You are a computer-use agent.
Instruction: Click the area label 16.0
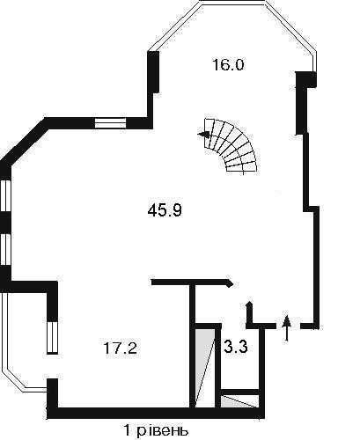pos(228,64)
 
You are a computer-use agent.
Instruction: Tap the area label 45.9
pos(165,210)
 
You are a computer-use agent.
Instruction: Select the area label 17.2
pos(121,348)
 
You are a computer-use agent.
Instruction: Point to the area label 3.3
pos(236,347)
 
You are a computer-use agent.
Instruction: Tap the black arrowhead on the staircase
pos(204,135)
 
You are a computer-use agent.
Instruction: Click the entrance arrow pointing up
pos(287,328)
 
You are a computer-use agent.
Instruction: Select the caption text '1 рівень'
pos(156,430)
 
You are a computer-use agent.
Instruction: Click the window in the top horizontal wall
pos(110,123)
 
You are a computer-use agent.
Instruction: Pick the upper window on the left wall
pos(5,195)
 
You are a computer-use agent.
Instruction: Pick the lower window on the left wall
pos(5,249)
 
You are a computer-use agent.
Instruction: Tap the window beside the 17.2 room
pos(52,338)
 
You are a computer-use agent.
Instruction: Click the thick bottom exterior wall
pos(156,413)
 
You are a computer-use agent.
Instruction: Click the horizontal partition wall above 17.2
pos(192,282)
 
